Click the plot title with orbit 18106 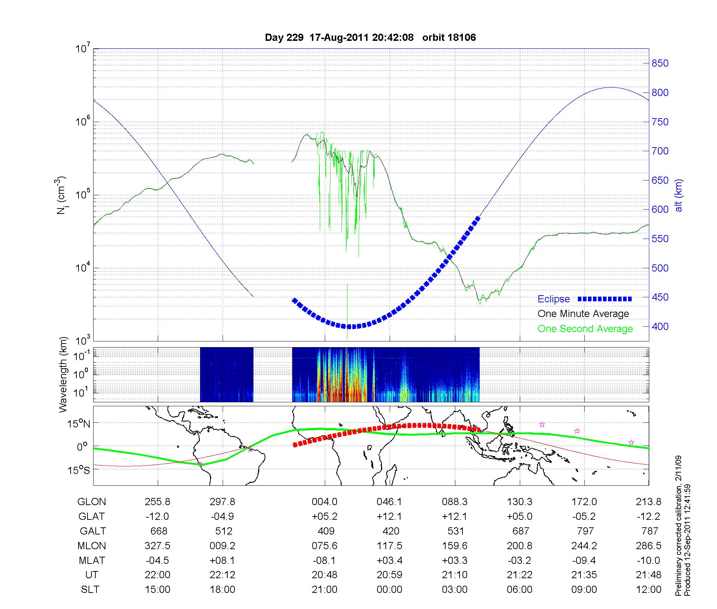[370, 38]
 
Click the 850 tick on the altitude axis [660, 63]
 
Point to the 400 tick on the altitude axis [660, 327]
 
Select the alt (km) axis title [679, 195]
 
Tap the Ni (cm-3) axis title [61, 195]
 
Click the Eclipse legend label [554, 299]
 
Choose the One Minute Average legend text [583, 314]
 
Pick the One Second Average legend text [585, 329]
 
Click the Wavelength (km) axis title [63, 375]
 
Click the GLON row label [91, 502]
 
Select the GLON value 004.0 [324, 502]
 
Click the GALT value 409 [326, 531]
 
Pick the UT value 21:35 [584, 575]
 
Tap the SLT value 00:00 [389, 590]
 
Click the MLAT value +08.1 [223, 560]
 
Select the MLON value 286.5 [649, 546]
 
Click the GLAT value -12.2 [649, 517]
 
